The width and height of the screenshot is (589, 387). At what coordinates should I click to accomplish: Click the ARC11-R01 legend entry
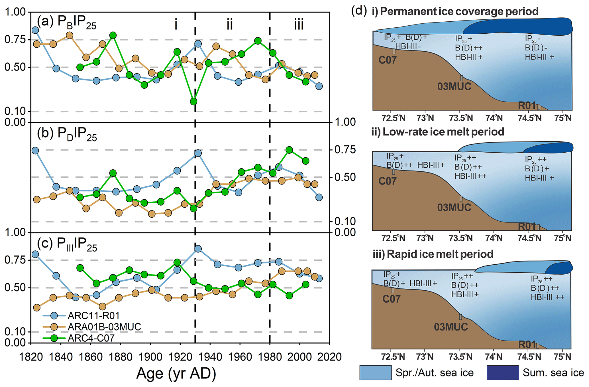pyautogui.click(x=93, y=315)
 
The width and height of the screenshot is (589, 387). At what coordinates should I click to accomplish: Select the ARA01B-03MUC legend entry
pyautogui.click(x=104, y=327)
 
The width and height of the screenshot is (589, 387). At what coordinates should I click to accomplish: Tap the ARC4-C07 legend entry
pyautogui.click(x=91, y=338)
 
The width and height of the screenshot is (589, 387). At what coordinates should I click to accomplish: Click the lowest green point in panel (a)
pyautogui.click(x=194, y=101)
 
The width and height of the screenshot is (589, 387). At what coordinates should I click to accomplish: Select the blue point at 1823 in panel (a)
pyautogui.click(x=35, y=30)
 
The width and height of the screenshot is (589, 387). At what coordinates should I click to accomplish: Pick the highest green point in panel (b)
pyautogui.click(x=289, y=150)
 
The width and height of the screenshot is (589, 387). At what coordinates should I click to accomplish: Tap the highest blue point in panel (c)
pyautogui.click(x=198, y=249)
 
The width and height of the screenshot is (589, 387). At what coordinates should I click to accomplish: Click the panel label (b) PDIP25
pyautogui.click(x=67, y=134)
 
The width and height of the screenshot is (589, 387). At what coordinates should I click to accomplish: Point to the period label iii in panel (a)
pyautogui.click(x=299, y=25)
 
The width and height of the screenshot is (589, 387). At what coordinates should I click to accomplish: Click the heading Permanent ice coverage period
pyautogui.click(x=459, y=11)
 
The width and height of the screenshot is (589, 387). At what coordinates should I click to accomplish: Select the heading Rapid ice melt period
pyautogui.click(x=440, y=254)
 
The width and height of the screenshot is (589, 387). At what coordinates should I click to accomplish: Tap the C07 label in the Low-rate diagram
pyautogui.click(x=387, y=181)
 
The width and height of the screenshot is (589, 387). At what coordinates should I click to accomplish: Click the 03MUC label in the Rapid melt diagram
pyautogui.click(x=451, y=327)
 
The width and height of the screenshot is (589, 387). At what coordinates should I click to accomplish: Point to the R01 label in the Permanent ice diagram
pyautogui.click(x=527, y=106)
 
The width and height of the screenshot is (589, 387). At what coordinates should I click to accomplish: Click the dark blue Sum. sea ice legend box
pyautogui.click(x=503, y=373)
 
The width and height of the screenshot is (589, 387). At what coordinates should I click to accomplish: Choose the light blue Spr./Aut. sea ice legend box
pyautogui.click(x=375, y=373)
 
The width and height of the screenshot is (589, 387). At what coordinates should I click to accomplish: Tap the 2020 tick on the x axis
pyautogui.click(x=330, y=357)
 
